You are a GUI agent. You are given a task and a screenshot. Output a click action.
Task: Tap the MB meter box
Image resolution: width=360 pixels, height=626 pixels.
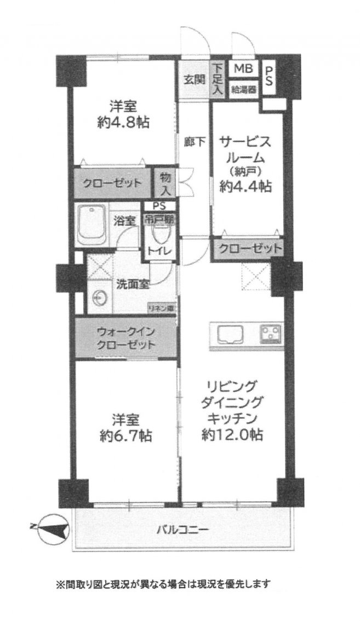tap(243, 69)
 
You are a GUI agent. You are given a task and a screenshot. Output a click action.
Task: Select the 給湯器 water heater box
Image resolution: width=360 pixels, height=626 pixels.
tap(243, 89)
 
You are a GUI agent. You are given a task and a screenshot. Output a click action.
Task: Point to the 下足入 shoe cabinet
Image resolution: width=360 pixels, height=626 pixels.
tap(217, 78)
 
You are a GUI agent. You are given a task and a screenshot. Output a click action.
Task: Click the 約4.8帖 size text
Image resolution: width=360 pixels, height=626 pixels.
tap(124, 123)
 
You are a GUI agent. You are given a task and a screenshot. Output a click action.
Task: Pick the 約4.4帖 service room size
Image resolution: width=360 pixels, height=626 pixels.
tap(246, 186)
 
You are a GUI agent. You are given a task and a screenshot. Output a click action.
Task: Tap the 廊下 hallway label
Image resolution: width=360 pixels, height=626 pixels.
tap(195, 141)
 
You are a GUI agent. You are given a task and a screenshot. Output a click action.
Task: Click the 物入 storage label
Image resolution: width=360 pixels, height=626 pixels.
tap(165, 183)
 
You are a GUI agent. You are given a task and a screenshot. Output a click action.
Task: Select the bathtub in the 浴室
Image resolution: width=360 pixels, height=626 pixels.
tap(92, 225)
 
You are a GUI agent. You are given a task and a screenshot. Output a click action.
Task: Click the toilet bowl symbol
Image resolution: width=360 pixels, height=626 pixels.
tap(162, 236)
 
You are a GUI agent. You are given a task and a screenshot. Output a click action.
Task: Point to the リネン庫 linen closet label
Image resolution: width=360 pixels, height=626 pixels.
tap(161, 308)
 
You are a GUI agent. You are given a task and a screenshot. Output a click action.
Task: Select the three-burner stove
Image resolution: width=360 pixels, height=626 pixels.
tap(271, 334)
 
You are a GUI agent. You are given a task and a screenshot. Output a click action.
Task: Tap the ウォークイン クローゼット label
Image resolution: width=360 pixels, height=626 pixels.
tap(125, 338)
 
